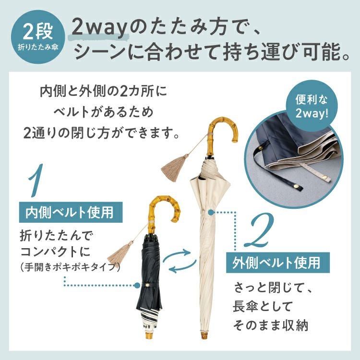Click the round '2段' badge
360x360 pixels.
38,37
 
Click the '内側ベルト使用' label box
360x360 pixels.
71,212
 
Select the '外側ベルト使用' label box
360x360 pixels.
278,263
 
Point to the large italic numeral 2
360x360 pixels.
259,229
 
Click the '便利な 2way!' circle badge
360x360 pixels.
312,106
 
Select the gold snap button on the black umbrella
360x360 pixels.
147,285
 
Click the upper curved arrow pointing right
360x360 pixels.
177,255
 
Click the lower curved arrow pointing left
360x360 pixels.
182,267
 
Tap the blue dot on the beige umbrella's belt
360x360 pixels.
211,212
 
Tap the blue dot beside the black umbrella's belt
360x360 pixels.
137,286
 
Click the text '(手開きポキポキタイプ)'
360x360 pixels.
70,267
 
